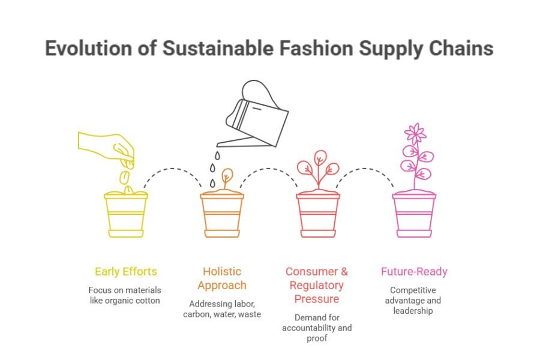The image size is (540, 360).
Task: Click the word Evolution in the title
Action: pos(89,48)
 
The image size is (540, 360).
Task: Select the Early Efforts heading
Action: pos(126,271)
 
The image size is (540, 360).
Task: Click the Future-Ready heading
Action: pos(414,271)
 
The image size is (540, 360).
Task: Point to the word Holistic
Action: pos(222,271)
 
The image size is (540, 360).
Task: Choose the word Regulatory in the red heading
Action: pos(316,285)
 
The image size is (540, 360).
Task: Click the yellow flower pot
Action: pos(126,214)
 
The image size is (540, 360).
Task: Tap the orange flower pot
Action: pos(222,214)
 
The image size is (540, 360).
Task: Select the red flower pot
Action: pos(318,214)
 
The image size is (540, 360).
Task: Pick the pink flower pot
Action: pos(414,214)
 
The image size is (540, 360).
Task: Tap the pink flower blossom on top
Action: pos(415,134)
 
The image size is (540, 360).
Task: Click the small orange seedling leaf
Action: pos(227,175)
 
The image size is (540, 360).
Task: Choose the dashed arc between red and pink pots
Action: pos(364,169)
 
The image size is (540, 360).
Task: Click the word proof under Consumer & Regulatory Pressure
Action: pos(317,338)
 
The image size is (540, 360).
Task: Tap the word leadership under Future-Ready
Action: pos(413,311)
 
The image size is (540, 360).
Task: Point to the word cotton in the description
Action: pos(148,301)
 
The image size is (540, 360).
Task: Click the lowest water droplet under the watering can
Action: pos(212,183)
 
